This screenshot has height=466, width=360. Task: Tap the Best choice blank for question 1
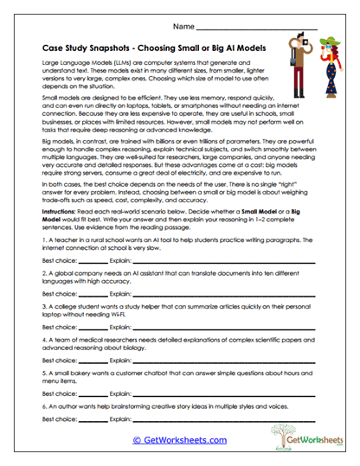[x=93, y=259]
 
